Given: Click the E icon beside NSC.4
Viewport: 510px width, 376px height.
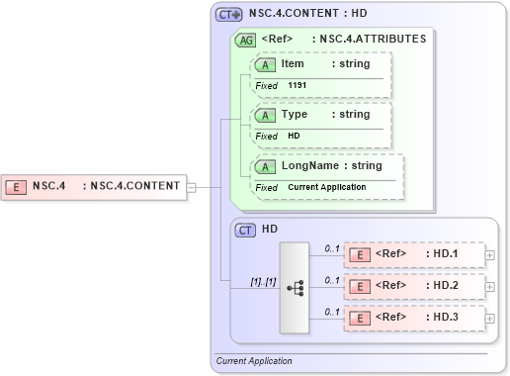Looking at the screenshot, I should (x=16, y=185).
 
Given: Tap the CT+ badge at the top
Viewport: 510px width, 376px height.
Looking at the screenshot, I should (x=229, y=15).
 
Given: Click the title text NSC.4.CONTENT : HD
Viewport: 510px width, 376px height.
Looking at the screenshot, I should (x=307, y=15).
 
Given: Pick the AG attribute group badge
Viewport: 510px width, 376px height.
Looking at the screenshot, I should (x=244, y=41).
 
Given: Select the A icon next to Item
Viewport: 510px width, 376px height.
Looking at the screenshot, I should (x=265, y=64).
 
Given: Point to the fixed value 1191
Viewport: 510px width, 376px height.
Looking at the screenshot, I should (x=298, y=86).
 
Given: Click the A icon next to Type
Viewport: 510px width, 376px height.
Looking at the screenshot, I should (x=265, y=115).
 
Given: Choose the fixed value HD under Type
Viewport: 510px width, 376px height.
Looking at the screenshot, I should (x=294, y=136).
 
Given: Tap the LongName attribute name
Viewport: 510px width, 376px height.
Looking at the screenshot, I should (x=310, y=166).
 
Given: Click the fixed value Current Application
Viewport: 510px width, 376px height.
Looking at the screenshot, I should (x=327, y=187).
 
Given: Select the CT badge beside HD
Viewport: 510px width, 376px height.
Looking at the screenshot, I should (x=246, y=230).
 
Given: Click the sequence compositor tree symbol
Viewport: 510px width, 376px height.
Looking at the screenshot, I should (x=295, y=287).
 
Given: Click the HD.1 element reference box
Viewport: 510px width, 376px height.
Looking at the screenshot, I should (x=413, y=254).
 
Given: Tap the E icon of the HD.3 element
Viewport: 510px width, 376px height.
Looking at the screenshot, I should (x=361, y=318).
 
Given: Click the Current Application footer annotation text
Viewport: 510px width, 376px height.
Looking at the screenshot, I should (x=254, y=361).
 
